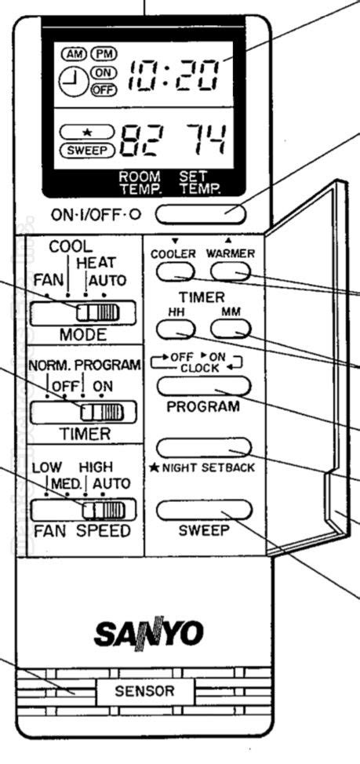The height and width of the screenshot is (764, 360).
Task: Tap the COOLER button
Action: (x=176, y=272)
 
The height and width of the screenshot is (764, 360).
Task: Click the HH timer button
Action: (x=176, y=329)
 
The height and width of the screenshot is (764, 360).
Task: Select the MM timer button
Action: (x=231, y=329)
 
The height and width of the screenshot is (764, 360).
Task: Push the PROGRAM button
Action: (x=204, y=386)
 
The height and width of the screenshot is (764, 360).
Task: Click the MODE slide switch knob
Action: (x=97, y=312)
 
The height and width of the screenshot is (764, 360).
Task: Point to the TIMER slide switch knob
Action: (x=102, y=413)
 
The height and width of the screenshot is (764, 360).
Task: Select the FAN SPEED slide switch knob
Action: (x=104, y=511)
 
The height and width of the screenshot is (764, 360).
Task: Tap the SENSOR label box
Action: (x=144, y=691)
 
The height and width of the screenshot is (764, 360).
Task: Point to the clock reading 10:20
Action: (x=172, y=77)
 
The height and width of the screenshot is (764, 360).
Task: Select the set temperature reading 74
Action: (x=205, y=140)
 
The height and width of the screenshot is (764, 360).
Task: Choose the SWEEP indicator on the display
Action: (x=87, y=150)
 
